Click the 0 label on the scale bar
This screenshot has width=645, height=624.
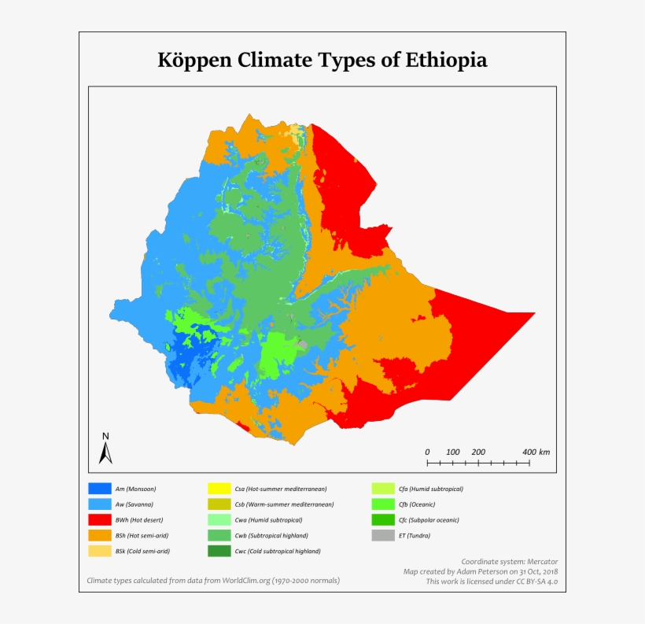(427, 452)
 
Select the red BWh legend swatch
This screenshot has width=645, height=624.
(99, 519)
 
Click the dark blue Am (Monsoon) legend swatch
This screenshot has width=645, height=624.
(99, 489)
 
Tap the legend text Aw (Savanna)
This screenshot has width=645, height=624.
(134, 504)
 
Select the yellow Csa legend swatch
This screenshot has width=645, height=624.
(218, 489)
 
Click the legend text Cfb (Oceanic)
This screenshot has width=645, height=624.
(417, 504)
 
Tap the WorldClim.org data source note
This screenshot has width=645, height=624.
(212, 581)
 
